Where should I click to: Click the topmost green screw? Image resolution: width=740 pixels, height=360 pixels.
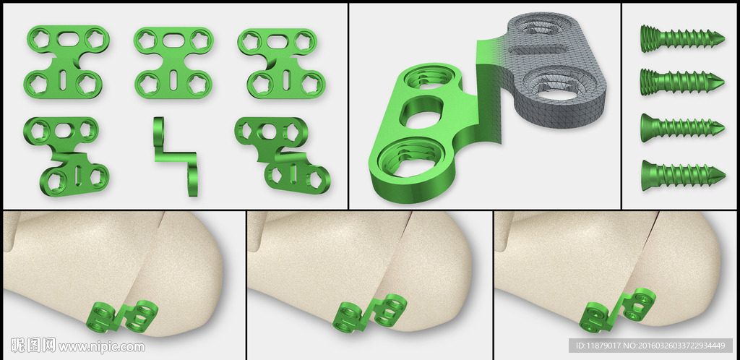click(682, 38)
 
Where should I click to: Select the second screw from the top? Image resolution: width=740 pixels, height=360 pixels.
click(682, 81)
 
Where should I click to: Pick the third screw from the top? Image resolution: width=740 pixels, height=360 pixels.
click(682, 127)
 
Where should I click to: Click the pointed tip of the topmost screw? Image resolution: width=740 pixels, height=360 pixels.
click(723, 38)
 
